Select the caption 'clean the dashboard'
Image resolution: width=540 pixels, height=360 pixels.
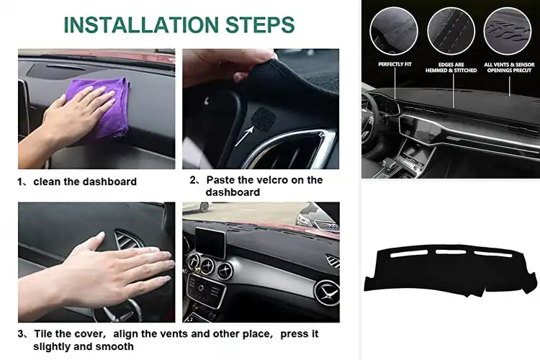click(x=84, y=181)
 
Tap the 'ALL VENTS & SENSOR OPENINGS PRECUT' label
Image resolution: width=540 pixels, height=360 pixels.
click(x=508, y=67)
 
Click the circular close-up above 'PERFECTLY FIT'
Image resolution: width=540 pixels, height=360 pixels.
click(x=394, y=31)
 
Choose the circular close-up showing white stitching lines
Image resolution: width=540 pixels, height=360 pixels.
click(x=451, y=31)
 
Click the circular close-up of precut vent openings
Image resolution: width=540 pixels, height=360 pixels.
click(x=508, y=31)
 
